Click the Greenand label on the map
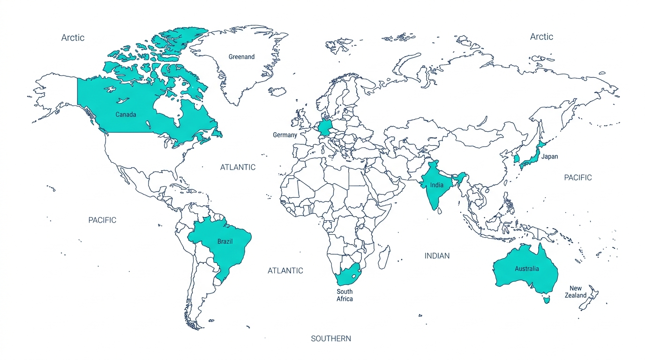(x=241, y=57)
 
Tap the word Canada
(x=126, y=114)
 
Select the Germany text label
(x=285, y=135)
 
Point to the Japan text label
(x=549, y=157)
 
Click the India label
(x=436, y=185)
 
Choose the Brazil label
(x=225, y=242)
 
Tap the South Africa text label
(x=345, y=295)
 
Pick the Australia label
(x=526, y=269)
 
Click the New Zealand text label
(x=576, y=292)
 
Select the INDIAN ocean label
(x=437, y=255)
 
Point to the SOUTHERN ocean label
(x=331, y=338)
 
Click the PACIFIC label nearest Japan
(x=577, y=178)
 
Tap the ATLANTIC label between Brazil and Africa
(x=285, y=270)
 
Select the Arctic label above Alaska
(x=73, y=37)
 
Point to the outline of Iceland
(x=277, y=91)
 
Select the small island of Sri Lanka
(x=439, y=211)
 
